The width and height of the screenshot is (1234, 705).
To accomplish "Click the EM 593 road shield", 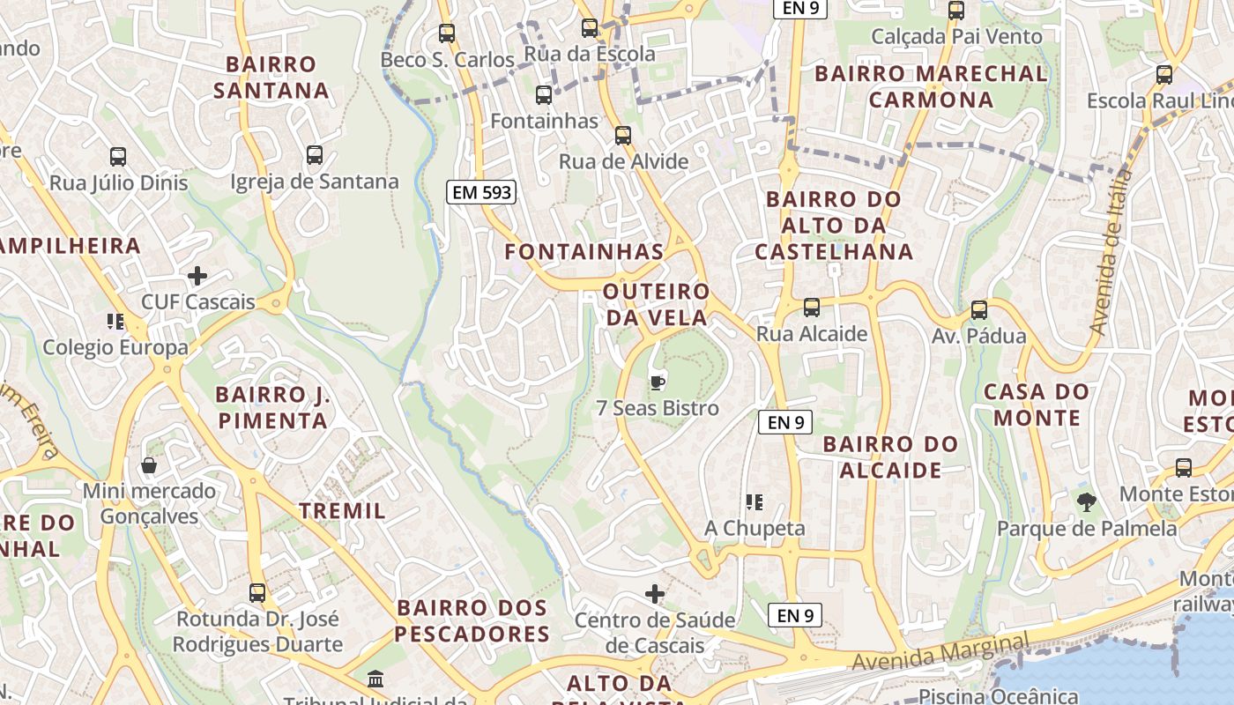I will tap(480, 192).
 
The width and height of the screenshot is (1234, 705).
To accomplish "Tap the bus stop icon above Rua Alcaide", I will tap(811, 308).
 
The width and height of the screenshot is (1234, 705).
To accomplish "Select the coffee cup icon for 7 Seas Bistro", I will tap(656, 382).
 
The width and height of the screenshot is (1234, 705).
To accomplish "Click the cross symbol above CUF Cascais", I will tap(197, 276).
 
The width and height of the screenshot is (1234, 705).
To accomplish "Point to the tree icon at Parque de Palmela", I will tap(1086, 502).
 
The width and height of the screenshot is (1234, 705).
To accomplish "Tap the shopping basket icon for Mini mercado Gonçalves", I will tap(149, 464).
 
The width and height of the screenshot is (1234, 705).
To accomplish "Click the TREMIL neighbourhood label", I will tap(342, 510).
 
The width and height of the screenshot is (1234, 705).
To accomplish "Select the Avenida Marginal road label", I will tap(940, 652).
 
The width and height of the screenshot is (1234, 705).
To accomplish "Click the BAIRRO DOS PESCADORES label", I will tap(472, 620).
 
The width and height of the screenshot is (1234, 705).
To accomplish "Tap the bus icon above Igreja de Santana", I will tap(315, 155).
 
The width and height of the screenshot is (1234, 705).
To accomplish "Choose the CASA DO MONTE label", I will tap(1037, 404).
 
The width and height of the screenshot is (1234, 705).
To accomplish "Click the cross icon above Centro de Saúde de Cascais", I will tap(655, 593).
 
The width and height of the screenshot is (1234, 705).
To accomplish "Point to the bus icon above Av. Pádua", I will tap(978, 310).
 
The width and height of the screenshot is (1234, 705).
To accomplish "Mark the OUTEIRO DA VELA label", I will tap(657, 304).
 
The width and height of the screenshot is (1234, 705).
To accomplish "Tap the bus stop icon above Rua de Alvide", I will tap(623, 135).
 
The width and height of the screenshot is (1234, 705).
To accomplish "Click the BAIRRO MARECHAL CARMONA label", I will tap(932, 86).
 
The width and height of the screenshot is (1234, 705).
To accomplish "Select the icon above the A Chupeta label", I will tap(754, 502).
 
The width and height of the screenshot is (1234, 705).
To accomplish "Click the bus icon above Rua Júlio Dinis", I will tap(118, 157).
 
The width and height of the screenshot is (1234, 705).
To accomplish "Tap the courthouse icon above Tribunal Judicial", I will tap(375, 679).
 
